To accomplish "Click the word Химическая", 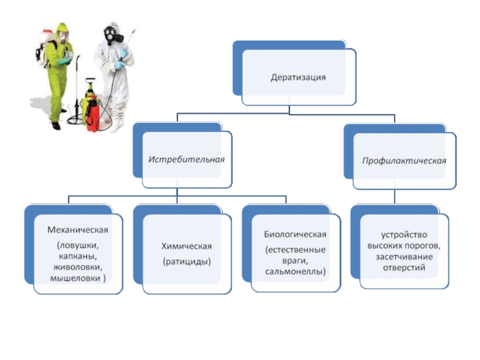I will [x=187, y=246].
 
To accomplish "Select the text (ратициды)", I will [x=187, y=262].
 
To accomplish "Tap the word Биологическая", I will [x=295, y=234].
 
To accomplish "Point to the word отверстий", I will [x=404, y=268].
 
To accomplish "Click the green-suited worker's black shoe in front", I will [x=56, y=126].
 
